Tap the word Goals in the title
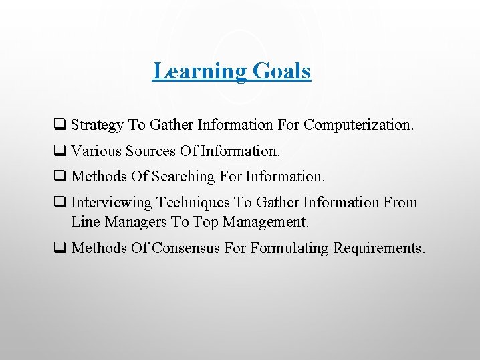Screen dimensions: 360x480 tap(281, 71)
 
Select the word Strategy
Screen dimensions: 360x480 tap(97, 124)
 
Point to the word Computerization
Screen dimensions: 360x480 tap(359, 124)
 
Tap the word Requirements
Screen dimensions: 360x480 tap(379, 248)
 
